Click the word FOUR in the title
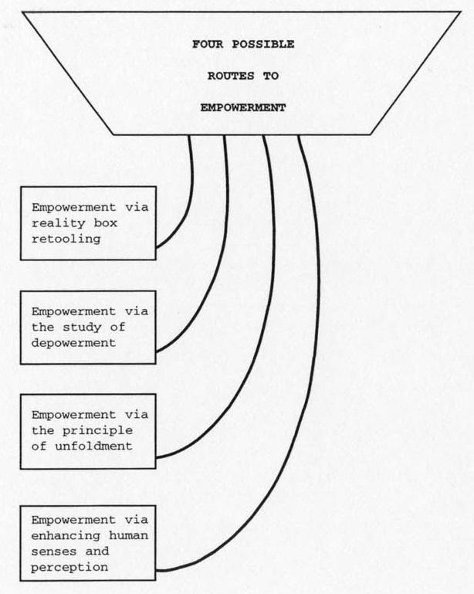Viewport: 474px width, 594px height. (208, 44)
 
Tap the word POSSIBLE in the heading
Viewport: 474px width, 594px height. (263, 44)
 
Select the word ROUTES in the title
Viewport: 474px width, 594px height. (231, 76)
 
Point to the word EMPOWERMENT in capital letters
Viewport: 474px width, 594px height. (243, 108)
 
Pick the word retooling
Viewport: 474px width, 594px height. (66, 239)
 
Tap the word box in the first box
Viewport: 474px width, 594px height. (105, 222)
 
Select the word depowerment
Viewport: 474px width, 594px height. (73, 343)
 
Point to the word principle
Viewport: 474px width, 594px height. (97, 431)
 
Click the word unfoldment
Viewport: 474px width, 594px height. (93, 446)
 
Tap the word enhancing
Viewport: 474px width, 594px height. (66, 536)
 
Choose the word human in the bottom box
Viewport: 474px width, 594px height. (128, 535)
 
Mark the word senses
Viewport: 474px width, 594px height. (54, 552)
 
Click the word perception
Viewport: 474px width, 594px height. (69, 568)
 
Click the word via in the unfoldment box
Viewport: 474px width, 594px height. (137, 415)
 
